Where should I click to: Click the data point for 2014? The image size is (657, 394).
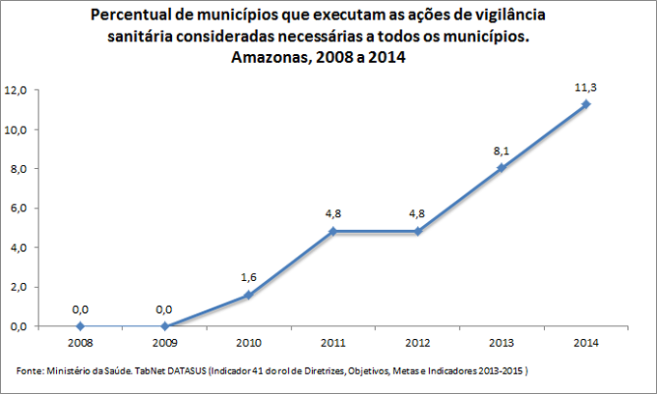coord(586,104)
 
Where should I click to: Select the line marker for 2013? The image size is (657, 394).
coord(501,167)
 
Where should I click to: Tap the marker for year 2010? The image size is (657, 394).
coord(248,295)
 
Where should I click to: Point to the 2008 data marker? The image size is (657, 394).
coord(80,326)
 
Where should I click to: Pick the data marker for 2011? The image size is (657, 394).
coord(332,232)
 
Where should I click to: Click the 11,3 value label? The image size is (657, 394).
coord(586,87)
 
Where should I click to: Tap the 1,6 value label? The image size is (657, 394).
coord(248,277)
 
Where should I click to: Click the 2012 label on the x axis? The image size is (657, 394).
coord(417,342)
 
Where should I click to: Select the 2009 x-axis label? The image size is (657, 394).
coord(164,342)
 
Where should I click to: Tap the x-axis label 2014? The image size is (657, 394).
coord(586,342)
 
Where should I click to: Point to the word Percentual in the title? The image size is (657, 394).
coord(136,16)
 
